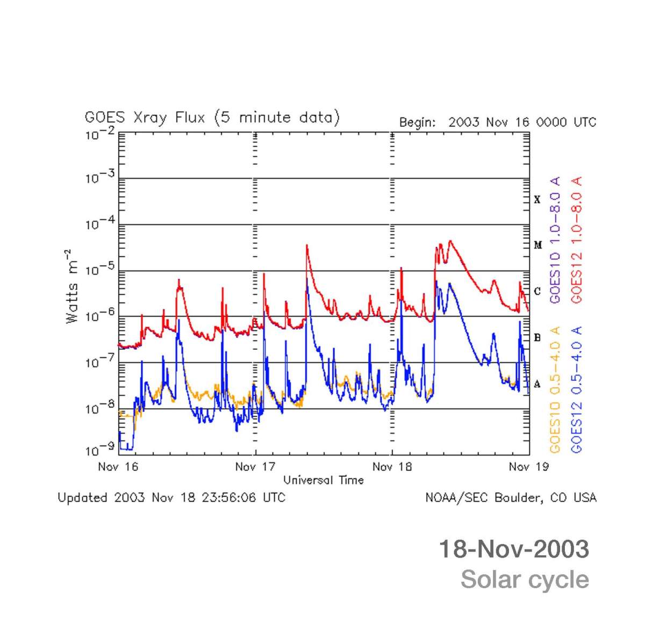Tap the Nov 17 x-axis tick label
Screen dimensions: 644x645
(255, 467)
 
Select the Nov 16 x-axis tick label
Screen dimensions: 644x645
(118, 467)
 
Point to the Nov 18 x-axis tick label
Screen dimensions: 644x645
(392, 467)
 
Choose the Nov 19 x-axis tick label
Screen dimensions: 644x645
(528, 467)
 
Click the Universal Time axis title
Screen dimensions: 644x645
(324, 480)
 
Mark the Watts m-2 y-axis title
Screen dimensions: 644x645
(72, 286)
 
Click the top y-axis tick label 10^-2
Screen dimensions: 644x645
(99, 134)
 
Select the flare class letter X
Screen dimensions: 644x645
(537, 200)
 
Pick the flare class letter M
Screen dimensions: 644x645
(537, 245)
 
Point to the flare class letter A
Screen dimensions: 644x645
(537, 384)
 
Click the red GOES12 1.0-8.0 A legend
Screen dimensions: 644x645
(577, 240)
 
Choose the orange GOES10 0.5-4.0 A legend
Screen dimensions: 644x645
(555, 389)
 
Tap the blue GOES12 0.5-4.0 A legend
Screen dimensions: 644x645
(577, 389)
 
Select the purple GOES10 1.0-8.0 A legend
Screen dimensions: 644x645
(555, 240)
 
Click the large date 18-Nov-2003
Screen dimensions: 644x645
(514, 549)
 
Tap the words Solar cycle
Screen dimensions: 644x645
(525, 580)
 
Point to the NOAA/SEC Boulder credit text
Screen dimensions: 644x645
(511, 498)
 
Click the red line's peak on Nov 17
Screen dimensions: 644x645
(306, 245)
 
